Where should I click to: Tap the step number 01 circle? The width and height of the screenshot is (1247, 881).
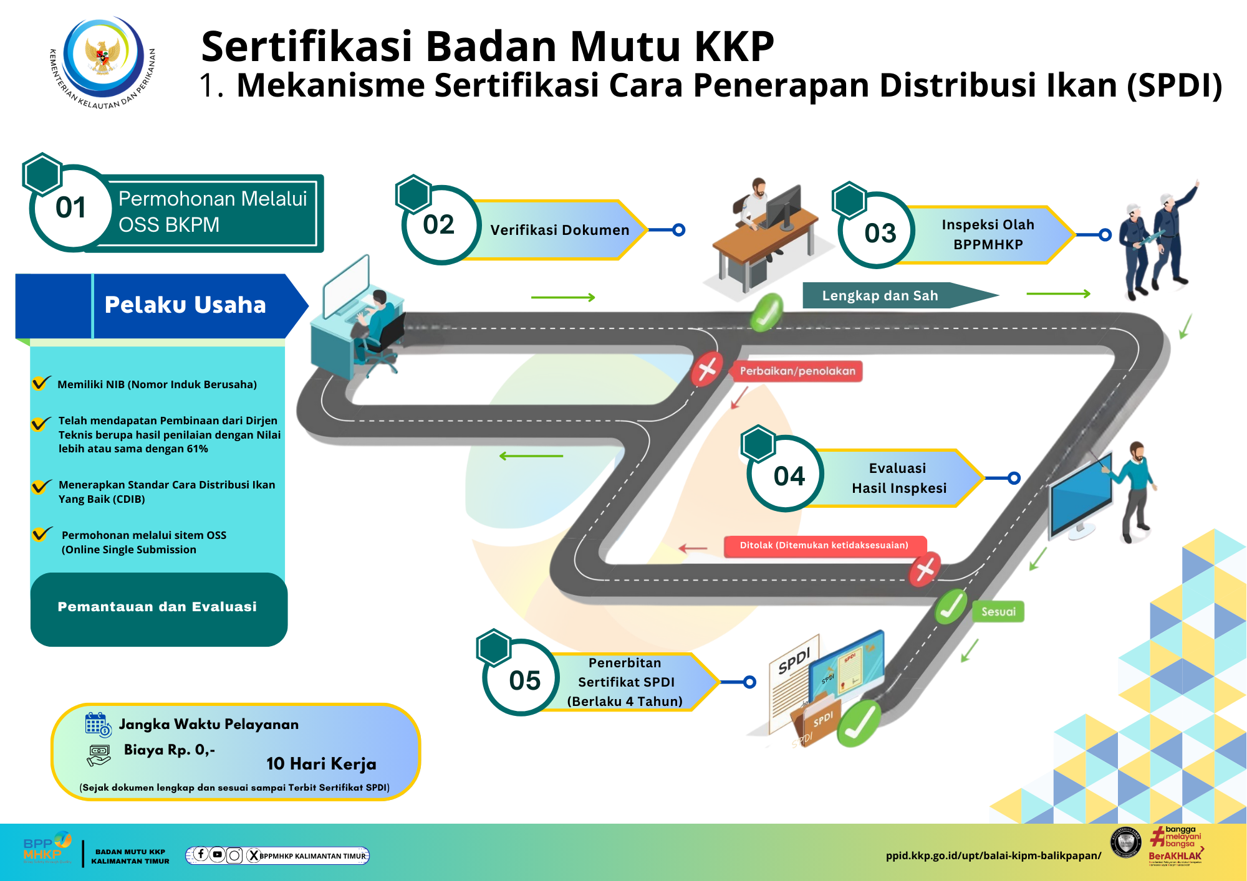pos(71,208)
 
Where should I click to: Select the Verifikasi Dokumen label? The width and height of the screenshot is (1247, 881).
pos(559,230)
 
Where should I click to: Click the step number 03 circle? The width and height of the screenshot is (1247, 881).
pos(879,233)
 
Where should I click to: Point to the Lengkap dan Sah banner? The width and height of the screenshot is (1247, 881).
pos(880,295)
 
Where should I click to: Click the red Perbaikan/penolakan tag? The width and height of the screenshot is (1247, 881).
pos(797,371)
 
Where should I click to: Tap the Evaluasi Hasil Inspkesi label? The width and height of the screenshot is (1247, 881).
pos(898,478)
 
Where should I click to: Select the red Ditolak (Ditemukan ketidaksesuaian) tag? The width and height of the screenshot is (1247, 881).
pos(824,545)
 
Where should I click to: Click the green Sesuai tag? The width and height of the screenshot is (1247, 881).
pos(998,612)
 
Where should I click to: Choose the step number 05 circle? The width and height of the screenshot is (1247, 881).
pos(524,680)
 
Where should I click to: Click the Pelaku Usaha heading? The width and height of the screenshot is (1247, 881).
pos(185,305)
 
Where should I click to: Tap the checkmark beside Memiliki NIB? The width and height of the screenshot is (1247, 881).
pos(41,383)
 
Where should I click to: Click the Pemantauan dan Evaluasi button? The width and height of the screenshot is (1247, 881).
pos(158,607)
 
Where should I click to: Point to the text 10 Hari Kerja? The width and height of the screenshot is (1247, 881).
pos(321,764)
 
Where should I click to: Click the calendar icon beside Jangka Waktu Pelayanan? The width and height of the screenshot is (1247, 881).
pos(97,725)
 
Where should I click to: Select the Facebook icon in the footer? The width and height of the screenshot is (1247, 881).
pos(201,854)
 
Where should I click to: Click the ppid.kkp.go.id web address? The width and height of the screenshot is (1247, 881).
pos(993,855)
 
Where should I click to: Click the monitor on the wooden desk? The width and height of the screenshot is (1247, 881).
pos(784,207)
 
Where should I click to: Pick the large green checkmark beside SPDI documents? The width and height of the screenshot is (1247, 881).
pos(859,723)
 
